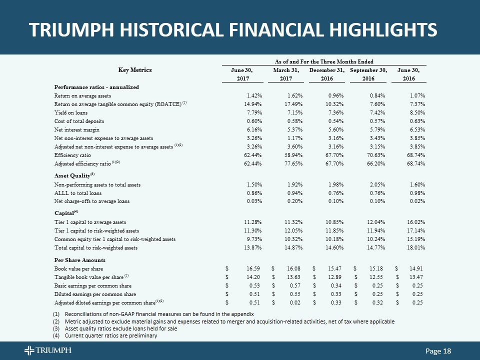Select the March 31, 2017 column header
[x=286, y=74]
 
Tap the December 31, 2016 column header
[x=327, y=74]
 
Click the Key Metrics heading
[x=134, y=70]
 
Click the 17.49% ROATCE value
[x=288, y=103]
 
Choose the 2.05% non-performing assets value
[x=376, y=184]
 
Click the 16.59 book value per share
[x=251, y=268]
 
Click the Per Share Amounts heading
[x=79, y=260]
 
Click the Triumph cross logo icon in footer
[x=30, y=351]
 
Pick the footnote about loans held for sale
[x=116, y=328]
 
